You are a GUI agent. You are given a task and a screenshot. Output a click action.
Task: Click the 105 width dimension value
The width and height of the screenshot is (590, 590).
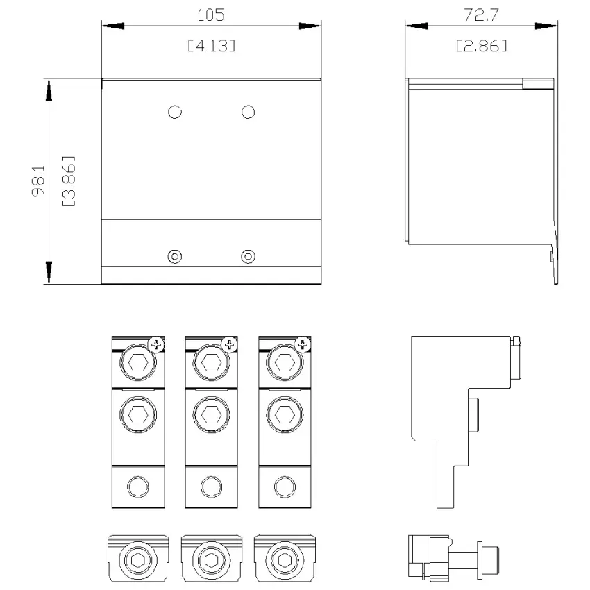211,15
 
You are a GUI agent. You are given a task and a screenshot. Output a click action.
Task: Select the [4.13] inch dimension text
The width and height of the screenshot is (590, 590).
212,46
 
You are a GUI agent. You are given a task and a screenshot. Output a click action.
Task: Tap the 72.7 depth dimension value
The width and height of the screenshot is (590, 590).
481,15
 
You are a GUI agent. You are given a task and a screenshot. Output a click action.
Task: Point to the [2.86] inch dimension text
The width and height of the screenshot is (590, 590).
481,46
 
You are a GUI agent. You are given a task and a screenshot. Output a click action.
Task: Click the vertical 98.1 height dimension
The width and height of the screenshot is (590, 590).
38,181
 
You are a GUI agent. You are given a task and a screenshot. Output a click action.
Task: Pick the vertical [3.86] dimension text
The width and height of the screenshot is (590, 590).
69,181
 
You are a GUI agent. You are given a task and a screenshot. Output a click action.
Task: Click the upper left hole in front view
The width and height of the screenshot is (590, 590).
175,112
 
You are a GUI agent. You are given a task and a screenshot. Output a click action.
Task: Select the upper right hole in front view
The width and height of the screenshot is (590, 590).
248,112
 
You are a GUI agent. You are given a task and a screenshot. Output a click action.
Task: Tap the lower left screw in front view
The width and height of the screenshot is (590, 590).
175,257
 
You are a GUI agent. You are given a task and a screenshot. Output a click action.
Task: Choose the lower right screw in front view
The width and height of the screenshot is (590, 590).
248,257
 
